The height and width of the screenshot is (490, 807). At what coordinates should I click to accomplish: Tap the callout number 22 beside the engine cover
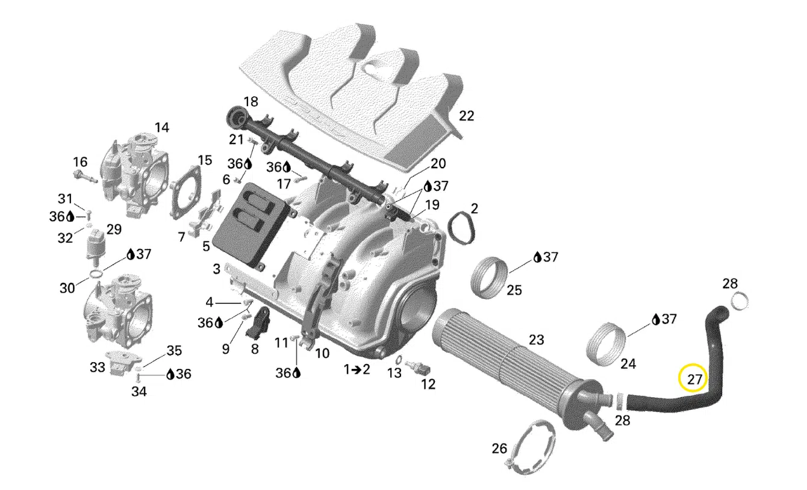[467, 116]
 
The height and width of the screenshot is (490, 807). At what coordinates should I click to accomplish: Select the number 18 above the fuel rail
[251, 102]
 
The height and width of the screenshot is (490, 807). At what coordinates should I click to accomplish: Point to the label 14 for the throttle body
[162, 127]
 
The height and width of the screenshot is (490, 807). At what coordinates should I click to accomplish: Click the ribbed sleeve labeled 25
[489, 278]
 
